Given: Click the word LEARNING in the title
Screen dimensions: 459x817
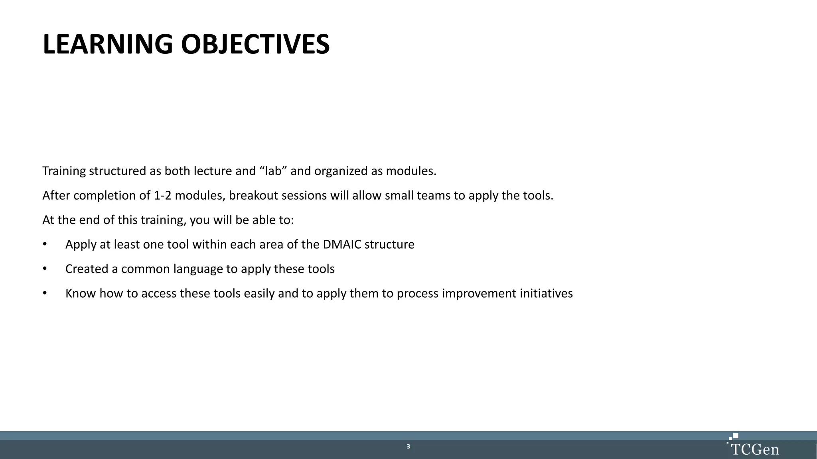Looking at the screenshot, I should point(107,44).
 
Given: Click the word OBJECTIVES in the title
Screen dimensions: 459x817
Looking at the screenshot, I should point(255,44).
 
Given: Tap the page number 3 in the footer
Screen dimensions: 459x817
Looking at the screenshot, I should point(408,446).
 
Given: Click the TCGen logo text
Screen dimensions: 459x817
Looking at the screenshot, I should point(755,450).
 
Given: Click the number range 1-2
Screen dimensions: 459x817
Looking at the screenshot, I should point(162,196).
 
